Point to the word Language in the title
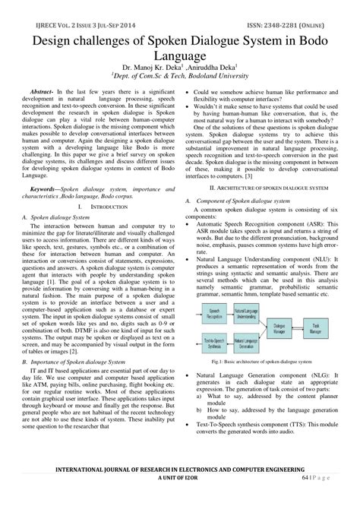point(180,55)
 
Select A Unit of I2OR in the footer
point(180,498)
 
